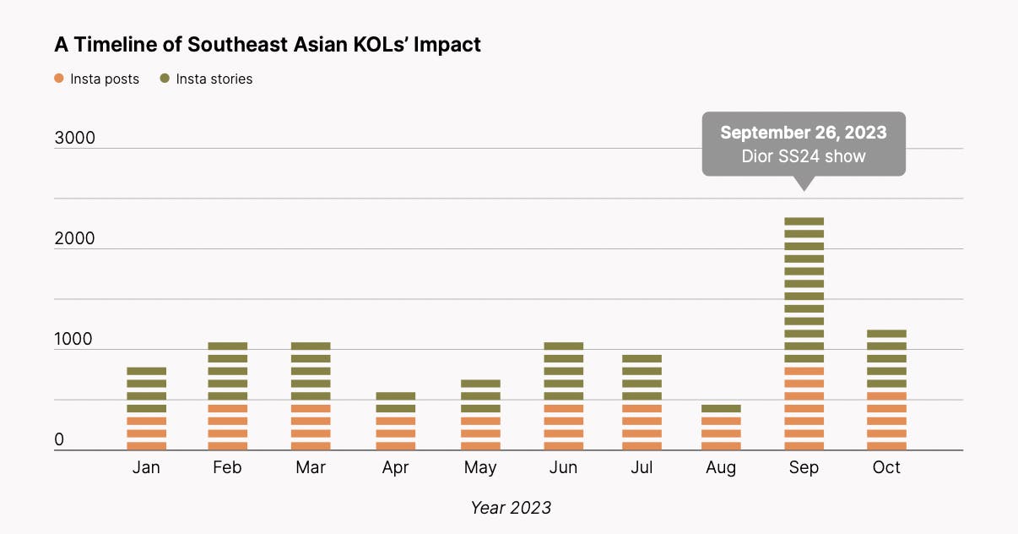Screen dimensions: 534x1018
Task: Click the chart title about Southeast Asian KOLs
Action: coord(268,45)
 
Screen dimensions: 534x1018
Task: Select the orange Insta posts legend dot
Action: coord(59,79)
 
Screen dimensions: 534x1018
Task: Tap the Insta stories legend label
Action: coord(214,79)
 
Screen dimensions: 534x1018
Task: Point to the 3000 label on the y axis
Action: coord(74,138)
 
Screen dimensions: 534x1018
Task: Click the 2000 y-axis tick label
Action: coord(74,238)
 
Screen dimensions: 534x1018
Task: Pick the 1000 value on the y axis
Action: coord(74,339)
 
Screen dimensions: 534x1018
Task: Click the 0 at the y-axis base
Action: coord(59,439)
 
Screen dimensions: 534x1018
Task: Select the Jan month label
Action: coord(146,467)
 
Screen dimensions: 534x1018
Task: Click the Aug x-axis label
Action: coord(721,467)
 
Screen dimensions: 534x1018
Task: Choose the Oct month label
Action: coord(886,467)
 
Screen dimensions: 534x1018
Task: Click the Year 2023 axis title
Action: coord(510,507)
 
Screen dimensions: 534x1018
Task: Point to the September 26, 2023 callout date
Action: coord(803,133)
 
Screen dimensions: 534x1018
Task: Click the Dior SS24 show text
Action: coord(803,156)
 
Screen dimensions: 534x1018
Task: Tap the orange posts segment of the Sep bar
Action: coord(804,408)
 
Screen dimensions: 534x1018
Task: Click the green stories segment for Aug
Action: coord(721,408)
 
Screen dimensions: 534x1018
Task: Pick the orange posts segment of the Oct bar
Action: coord(886,421)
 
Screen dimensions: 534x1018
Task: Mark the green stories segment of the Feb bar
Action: coord(228,371)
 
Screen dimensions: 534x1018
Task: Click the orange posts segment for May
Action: coord(480,433)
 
